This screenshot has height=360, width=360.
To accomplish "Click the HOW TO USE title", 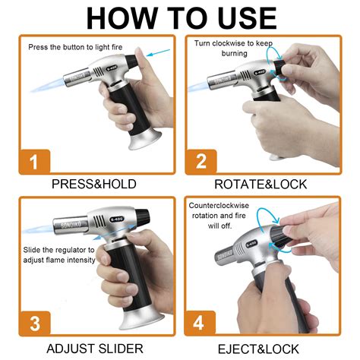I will point(180,17).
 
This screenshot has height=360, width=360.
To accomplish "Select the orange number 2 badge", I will point(201,161).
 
